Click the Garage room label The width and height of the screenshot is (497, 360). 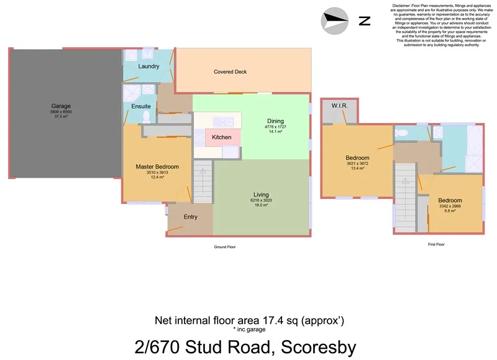point(61,106)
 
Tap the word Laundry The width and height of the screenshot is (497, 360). point(148,67)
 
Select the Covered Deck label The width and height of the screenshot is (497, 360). point(230,72)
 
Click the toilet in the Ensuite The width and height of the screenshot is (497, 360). point(147,117)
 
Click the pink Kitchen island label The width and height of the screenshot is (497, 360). point(222,137)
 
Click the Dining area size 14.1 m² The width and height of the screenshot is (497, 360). point(275,132)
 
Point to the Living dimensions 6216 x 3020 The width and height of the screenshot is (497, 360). point(260,200)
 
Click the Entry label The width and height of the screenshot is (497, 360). point(191,217)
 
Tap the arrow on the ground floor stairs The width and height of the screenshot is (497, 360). point(202,170)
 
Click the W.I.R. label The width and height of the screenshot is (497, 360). point(339,106)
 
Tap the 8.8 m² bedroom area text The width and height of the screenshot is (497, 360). point(450,211)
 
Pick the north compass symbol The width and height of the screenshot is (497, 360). point(335,21)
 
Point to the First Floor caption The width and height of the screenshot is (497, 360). point(436,244)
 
